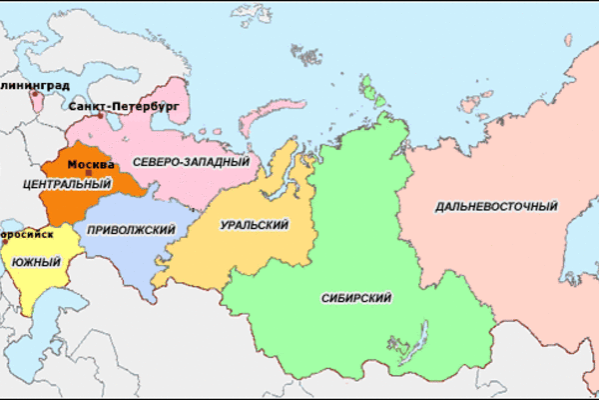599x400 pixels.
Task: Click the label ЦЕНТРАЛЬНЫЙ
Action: point(65,185)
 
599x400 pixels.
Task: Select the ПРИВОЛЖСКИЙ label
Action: point(131,230)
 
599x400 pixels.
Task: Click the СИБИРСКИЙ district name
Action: point(356,298)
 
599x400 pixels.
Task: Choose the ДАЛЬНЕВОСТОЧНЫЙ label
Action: point(495,207)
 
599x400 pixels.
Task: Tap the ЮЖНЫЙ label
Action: point(36,262)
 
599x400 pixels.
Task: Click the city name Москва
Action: point(92,162)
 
